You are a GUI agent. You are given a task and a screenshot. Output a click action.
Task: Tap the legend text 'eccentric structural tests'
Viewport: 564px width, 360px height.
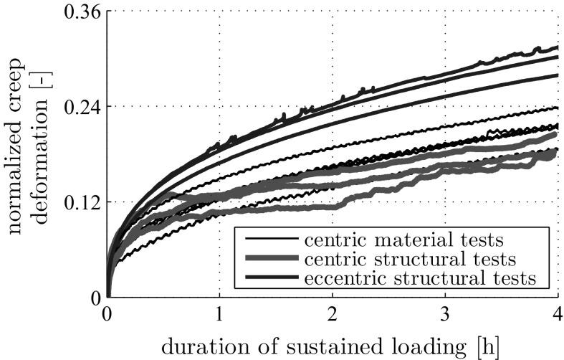(418, 277)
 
